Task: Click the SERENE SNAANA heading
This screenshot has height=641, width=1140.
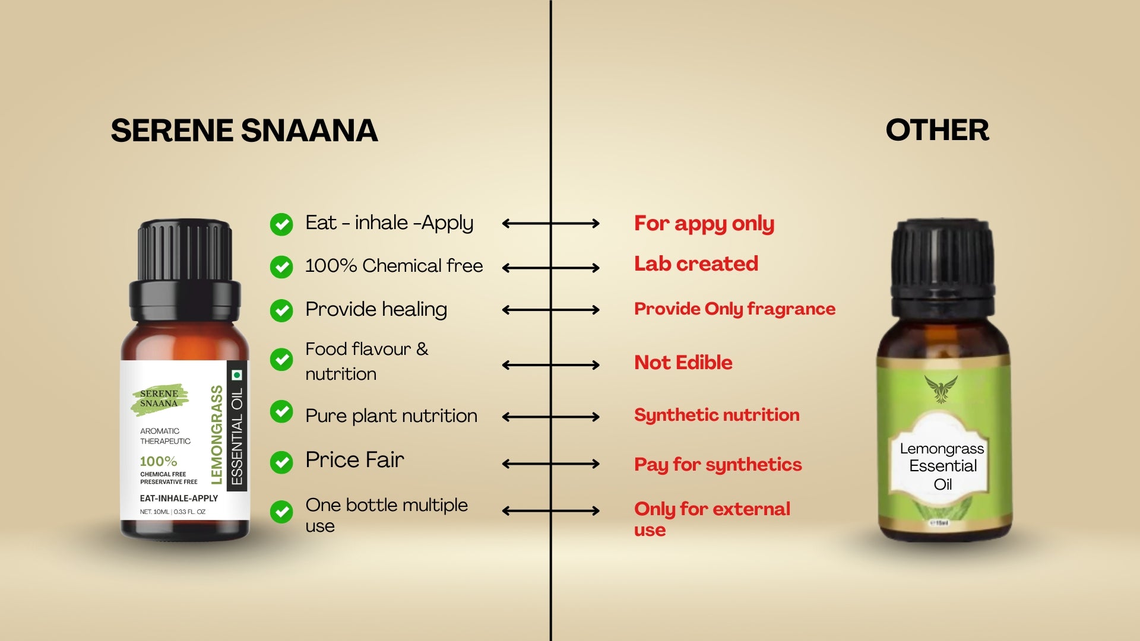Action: pos(244,131)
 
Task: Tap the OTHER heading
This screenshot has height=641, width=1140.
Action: pos(938,130)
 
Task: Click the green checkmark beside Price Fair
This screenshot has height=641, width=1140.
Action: pos(281,462)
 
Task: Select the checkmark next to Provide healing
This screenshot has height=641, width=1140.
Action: pos(281,310)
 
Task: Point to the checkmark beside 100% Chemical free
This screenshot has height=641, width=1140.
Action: pos(281,267)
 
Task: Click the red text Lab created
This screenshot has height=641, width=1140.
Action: pos(696,264)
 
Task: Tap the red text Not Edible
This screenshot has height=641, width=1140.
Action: pos(683,362)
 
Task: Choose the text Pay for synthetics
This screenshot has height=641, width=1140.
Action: pos(718,465)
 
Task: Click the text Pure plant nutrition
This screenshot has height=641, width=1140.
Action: pos(391,416)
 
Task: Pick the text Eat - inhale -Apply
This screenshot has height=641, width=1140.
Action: pos(389,223)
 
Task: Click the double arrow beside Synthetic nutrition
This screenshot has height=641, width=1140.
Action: pos(551,417)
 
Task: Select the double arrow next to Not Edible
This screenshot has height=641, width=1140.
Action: pos(551,365)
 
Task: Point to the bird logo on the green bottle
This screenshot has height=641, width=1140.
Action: pos(941,389)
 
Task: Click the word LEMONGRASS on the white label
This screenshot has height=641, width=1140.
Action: pos(217,434)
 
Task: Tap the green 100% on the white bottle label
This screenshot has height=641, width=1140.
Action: pos(159,461)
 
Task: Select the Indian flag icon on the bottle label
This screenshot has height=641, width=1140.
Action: pos(237,375)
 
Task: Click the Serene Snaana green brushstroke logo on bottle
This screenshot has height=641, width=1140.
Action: pos(160,399)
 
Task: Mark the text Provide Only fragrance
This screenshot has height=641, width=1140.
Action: pos(734,309)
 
